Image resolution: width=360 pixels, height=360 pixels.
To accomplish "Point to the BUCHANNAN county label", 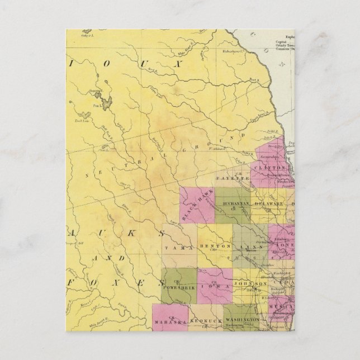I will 235,203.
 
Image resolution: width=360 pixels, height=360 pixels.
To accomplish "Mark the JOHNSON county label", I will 249,285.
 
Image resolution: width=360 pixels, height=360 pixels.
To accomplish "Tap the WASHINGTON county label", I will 242,319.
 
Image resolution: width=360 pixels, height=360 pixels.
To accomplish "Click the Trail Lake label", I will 82,119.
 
